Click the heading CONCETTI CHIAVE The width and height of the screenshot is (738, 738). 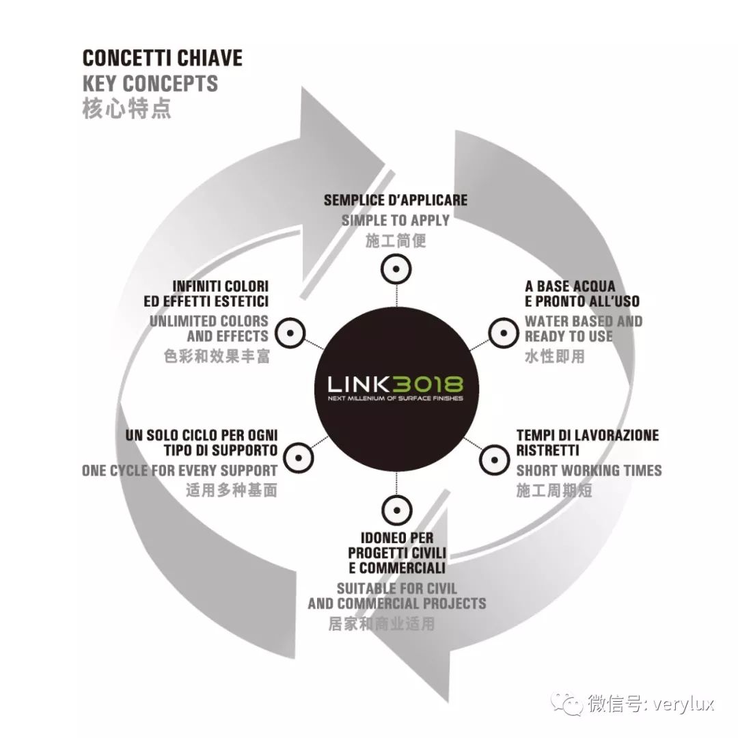coord(163,58)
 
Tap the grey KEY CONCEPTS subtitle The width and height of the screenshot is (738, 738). coord(150,83)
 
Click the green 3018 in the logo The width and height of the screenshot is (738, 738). coord(427,384)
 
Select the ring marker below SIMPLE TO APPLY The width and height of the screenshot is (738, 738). coord(396,270)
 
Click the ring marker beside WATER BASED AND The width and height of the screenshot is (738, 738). coord(504,333)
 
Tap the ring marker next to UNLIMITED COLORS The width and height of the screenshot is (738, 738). coord(290,333)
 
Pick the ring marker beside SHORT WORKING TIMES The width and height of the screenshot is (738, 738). coord(494,459)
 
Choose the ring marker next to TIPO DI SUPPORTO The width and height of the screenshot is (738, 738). coord(299,458)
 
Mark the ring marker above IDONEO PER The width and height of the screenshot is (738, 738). coord(397,510)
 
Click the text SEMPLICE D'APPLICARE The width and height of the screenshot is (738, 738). coord(396,200)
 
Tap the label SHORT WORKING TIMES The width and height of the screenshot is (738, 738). coord(589,470)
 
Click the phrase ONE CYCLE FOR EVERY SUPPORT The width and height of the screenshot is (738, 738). coord(179,470)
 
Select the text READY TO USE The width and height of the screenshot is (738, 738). coord(569,336)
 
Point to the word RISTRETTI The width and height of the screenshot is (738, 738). coord(547,450)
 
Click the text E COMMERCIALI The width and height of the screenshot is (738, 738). coord(397,568)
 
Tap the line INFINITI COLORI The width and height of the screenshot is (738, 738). coord(220,286)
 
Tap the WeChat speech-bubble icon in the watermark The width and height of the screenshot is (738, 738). coord(568,704)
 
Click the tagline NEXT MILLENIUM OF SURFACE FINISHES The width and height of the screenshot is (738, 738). coord(396,398)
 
